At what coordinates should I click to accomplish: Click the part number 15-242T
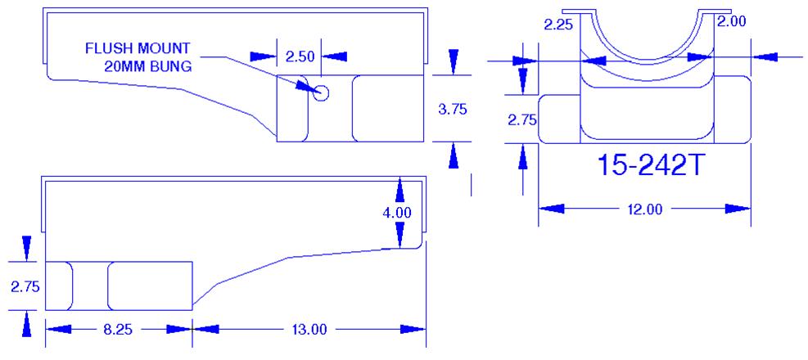coord(650,166)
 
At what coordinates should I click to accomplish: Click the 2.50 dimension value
coord(300,56)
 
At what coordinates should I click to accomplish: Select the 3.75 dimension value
coord(453,109)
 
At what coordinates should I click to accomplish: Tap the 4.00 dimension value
coord(397,213)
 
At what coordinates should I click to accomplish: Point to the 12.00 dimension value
coord(644,209)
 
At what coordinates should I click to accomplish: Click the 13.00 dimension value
coord(308,330)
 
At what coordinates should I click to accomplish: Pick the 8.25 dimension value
coord(118,330)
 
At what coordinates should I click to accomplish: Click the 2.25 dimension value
coord(558,25)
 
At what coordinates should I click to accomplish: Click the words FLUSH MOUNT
coord(138,48)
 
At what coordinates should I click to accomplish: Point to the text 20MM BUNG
coord(147,66)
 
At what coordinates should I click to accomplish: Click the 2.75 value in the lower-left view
coord(25,287)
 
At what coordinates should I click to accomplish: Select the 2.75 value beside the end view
coord(522,120)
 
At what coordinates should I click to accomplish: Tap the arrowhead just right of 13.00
coord(413,329)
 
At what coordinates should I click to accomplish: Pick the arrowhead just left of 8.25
coord(58,329)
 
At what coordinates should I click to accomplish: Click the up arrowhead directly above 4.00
coord(399,190)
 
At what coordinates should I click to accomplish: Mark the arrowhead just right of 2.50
coord(335,56)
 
